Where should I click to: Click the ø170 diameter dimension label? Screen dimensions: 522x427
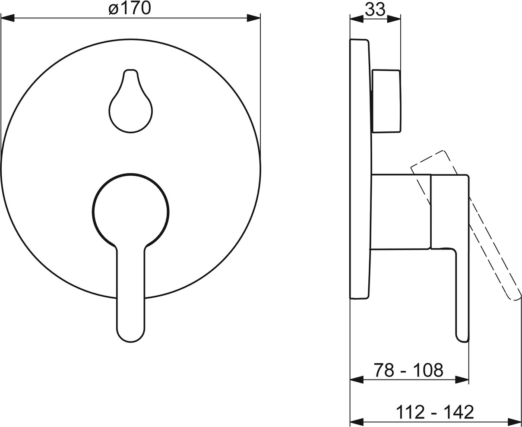point(130,9)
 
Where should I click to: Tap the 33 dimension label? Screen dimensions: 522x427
point(375,9)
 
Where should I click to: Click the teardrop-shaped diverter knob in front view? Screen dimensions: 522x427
point(131,101)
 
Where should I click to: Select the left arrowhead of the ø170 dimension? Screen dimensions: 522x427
point(8,18)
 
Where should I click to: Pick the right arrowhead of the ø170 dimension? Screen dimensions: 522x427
point(254,18)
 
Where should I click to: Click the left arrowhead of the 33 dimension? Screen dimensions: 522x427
point(357,19)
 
